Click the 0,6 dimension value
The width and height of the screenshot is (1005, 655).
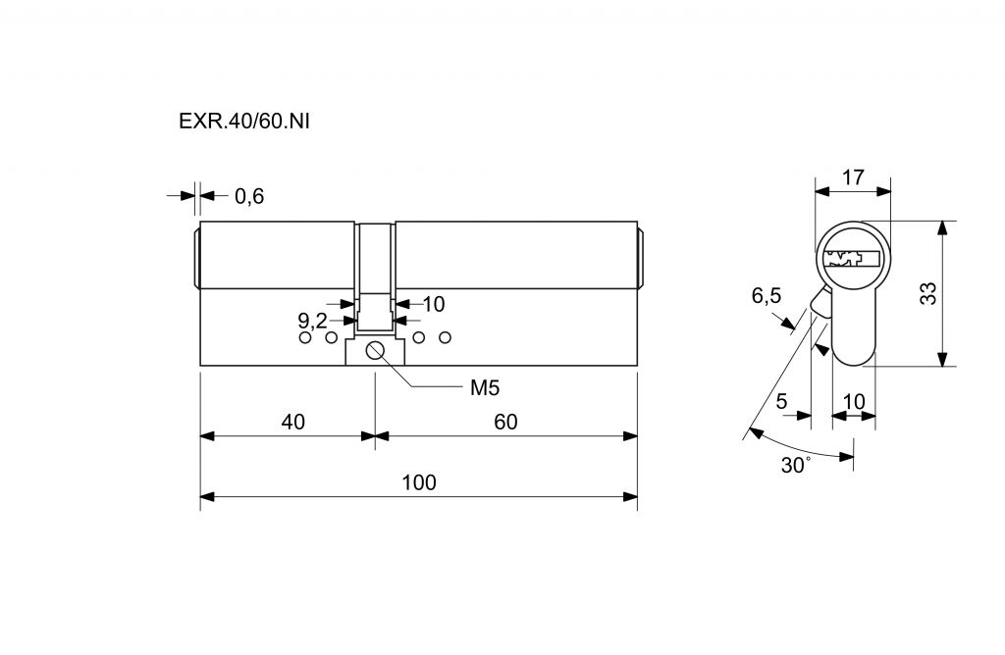pos(249,196)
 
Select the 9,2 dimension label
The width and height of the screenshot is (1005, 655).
pos(312,320)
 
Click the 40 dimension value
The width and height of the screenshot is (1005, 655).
pos(292,422)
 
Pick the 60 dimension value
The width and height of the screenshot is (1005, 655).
pos(505,422)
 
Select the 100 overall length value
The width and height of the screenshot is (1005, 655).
pos(419,482)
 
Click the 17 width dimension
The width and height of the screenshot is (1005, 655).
pos(853,177)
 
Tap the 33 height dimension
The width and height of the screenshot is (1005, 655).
pos(927,293)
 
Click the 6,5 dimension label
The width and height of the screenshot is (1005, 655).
pos(767,296)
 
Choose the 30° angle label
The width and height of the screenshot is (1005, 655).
pos(795,465)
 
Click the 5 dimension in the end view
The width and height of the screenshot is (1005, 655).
pos(782,400)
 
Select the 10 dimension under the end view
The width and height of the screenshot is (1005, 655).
pos(854,400)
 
